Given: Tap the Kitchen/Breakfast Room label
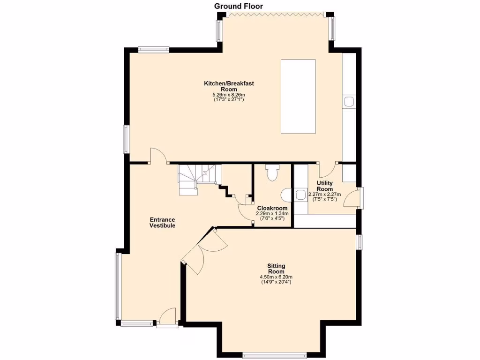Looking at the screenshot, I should [229, 86].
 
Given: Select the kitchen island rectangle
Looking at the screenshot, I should [299, 97].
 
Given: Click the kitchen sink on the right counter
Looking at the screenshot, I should [349, 102].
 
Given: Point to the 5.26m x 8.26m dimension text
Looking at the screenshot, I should [229, 95].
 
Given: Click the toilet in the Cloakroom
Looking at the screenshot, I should [272, 173].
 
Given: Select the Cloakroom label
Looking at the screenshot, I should [272, 208].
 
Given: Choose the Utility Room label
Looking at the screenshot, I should [324, 186].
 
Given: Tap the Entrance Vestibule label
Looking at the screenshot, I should [162, 222].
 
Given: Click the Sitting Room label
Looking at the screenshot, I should [276, 269].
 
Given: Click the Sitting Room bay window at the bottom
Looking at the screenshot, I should [275, 355].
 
